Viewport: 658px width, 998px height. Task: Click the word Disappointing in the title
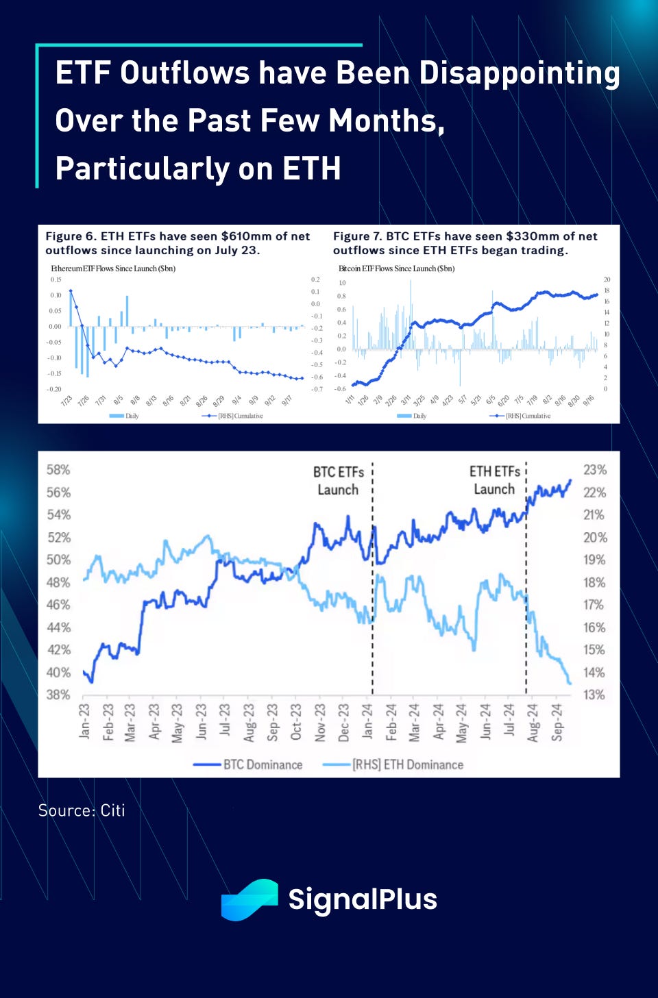(x=519, y=74)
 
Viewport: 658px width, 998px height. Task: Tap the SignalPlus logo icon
(x=249, y=899)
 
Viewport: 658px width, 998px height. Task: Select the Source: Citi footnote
(x=82, y=810)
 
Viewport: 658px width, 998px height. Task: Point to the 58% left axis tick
(x=58, y=470)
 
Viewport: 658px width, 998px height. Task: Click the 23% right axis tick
(x=594, y=470)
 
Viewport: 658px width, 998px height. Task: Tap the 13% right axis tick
(x=594, y=695)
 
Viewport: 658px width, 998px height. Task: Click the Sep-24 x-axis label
(x=557, y=721)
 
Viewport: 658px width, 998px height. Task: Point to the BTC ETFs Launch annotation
(x=339, y=481)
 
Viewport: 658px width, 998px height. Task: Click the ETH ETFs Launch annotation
(x=494, y=480)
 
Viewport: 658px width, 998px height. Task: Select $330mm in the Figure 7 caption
(x=533, y=236)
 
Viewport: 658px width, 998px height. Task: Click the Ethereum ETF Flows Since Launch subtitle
(x=113, y=269)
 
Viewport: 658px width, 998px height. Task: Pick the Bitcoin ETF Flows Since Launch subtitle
(x=396, y=269)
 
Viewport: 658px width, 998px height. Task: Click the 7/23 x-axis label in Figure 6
(x=66, y=401)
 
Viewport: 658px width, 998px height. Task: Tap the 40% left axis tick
(x=58, y=672)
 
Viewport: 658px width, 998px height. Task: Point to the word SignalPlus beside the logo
(x=363, y=899)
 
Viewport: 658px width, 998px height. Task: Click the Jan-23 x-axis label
(x=85, y=721)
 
